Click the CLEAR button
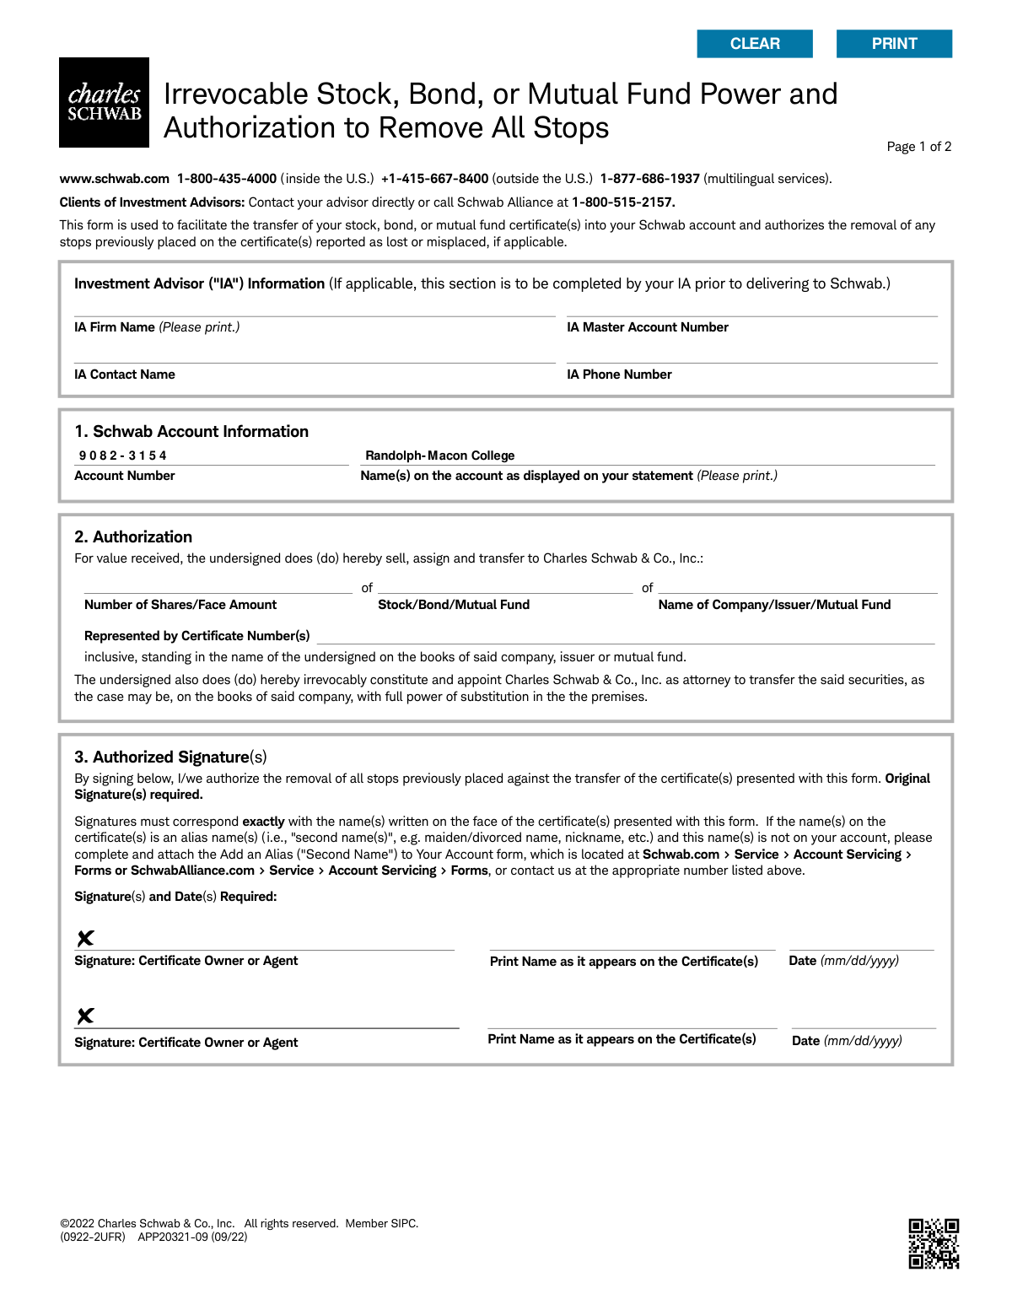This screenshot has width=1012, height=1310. pos(755,44)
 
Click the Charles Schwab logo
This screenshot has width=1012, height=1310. pos(104,102)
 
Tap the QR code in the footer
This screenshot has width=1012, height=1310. pos(934,1243)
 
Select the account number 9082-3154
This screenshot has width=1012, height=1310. pos(123,456)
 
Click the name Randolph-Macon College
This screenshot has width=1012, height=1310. pos(439,456)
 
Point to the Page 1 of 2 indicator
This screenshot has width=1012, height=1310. pos(918,147)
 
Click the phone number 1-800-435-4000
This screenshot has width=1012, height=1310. pos(227,179)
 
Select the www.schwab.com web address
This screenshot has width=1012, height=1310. pos(115,179)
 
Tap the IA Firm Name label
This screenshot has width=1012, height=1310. pos(115,327)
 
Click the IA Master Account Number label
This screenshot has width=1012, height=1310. pos(648,327)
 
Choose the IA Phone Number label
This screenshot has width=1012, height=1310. pos(619,375)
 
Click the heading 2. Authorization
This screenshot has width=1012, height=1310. pos(133,537)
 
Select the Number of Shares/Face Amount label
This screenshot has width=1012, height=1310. pos(180,605)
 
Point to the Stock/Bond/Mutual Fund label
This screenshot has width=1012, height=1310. pos(454,605)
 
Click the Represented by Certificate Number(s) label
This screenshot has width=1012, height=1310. pos(197,636)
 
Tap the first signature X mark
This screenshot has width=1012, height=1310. pos(85,938)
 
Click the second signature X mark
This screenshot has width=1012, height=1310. pos(85,1016)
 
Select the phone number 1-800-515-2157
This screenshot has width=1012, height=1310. pos(623,202)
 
